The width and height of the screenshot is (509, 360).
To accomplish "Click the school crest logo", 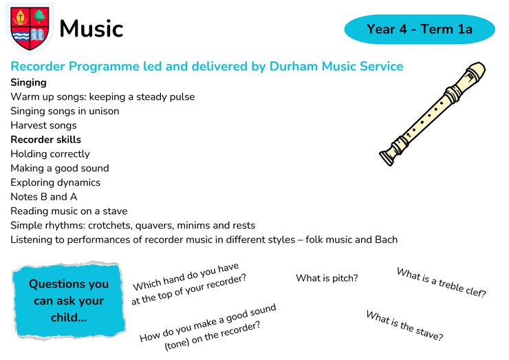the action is (x=30, y=29).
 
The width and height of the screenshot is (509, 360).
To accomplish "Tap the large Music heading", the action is (x=91, y=29).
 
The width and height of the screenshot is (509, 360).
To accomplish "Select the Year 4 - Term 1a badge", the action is (x=420, y=29).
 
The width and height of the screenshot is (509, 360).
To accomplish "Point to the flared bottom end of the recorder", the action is (x=388, y=157).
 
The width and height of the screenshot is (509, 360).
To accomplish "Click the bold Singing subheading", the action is (x=29, y=83).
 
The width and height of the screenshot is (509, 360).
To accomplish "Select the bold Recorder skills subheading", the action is (x=46, y=140).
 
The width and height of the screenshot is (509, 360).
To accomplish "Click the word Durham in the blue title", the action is (x=294, y=66).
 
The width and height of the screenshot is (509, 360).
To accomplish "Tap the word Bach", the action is (x=387, y=240).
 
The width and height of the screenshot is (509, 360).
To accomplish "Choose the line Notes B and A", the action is (x=44, y=197).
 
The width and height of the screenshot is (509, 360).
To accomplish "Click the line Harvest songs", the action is (x=43, y=125).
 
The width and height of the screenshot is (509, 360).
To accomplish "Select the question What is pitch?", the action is (x=327, y=278).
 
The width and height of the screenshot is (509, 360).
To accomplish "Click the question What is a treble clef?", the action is (x=442, y=282).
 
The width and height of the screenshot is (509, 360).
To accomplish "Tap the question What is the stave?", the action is (x=405, y=326).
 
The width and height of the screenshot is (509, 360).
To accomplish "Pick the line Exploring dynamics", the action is (x=56, y=182).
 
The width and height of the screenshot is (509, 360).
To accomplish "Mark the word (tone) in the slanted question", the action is (x=176, y=344).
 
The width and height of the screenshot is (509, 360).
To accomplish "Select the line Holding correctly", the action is (x=50, y=154).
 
